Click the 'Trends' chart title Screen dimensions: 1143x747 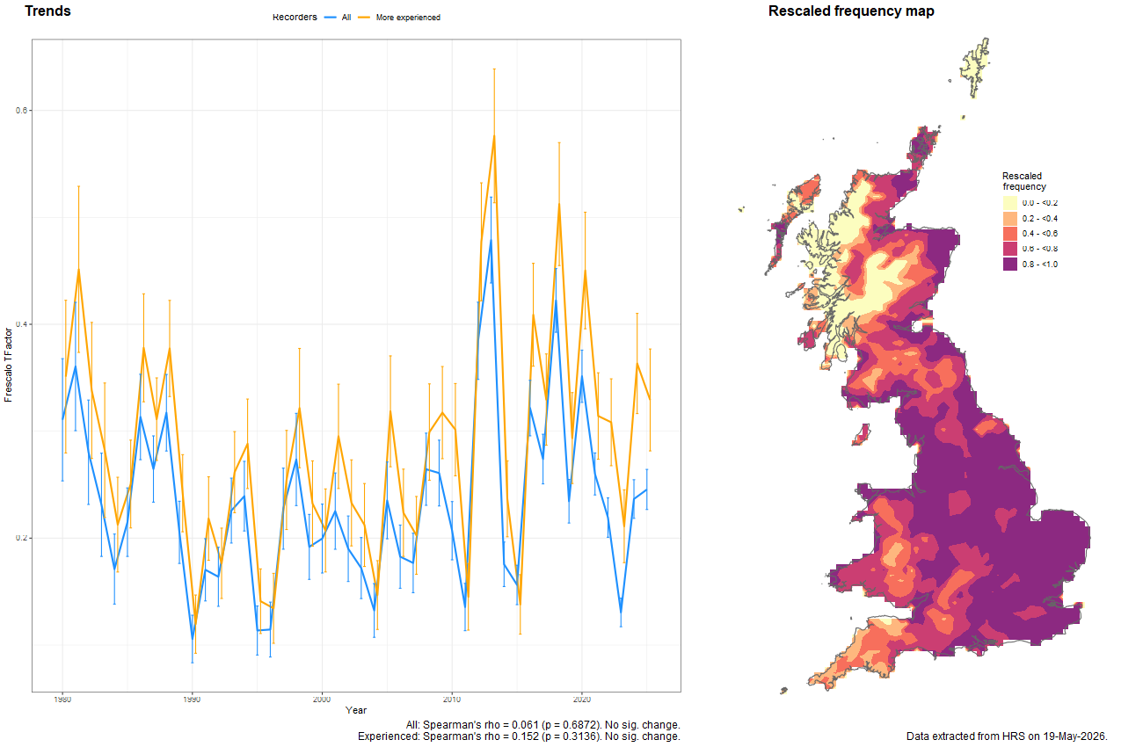pyautogui.click(x=48, y=11)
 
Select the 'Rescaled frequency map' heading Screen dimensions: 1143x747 pyautogui.click(x=851, y=11)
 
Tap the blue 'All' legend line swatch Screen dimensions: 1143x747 pyautogui.click(x=331, y=18)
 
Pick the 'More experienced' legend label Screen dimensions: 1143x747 pyautogui.click(x=408, y=18)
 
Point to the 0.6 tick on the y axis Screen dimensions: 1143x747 pyautogui.click(x=21, y=110)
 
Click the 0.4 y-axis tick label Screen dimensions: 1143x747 pyautogui.click(x=21, y=323)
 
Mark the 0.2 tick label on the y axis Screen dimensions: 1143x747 pyautogui.click(x=21, y=538)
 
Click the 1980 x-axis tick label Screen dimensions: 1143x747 pyautogui.click(x=62, y=699)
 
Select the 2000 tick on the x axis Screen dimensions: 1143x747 pyautogui.click(x=322, y=699)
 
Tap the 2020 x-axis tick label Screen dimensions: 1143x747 pyautogui.click(x=582, y=699)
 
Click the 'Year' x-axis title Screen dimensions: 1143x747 pyautogui.click(x=356, y=710)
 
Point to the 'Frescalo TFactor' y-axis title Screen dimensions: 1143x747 pyautogui.click(x=8, y=365)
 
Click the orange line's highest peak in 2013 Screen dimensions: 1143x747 pyautogui.click(x=494, y=136)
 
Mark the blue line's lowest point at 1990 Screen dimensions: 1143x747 pyautogui.click(x=193, y=639)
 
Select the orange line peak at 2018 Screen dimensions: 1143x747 pyautogui.click(x=559, y=205)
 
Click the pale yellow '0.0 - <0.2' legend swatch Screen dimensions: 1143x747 pyautogui.click(x=1010, y=203)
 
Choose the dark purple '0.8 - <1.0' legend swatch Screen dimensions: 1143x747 pyautogui.click(x=1010, y=265)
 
